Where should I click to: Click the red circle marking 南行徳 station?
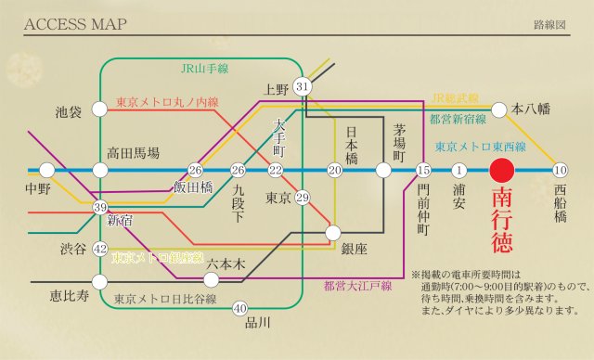[502, 170]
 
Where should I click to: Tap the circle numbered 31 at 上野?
[302, 86]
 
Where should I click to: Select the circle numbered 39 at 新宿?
[101, 207]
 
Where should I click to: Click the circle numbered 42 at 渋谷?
[101, 248]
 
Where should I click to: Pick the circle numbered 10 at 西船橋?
[559, 170]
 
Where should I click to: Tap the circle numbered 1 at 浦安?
[458, 170]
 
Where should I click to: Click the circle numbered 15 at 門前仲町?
[424, 170]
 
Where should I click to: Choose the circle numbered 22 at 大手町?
[276, 170]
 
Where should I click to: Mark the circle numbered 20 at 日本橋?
[335, 170]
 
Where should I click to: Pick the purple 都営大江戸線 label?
[356, 285]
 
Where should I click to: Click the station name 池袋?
[70, 110]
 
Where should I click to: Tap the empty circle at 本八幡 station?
[498, 109]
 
